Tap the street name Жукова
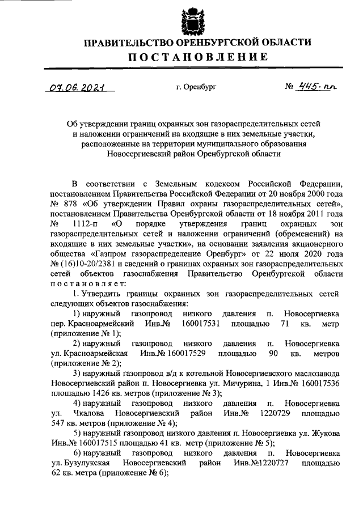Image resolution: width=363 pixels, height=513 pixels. click(323, 433)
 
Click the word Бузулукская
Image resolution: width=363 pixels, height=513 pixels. click(85, 463)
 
